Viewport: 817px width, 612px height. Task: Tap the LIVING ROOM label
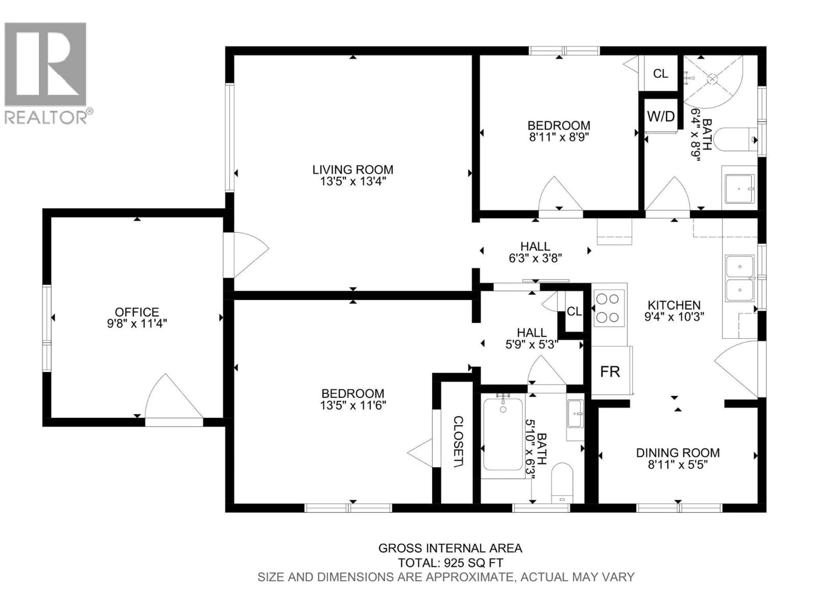[353, 170]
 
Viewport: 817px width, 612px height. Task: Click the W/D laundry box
[661, 117]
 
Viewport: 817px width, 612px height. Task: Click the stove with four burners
[609, 308]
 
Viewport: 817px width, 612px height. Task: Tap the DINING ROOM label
[678, 453]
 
